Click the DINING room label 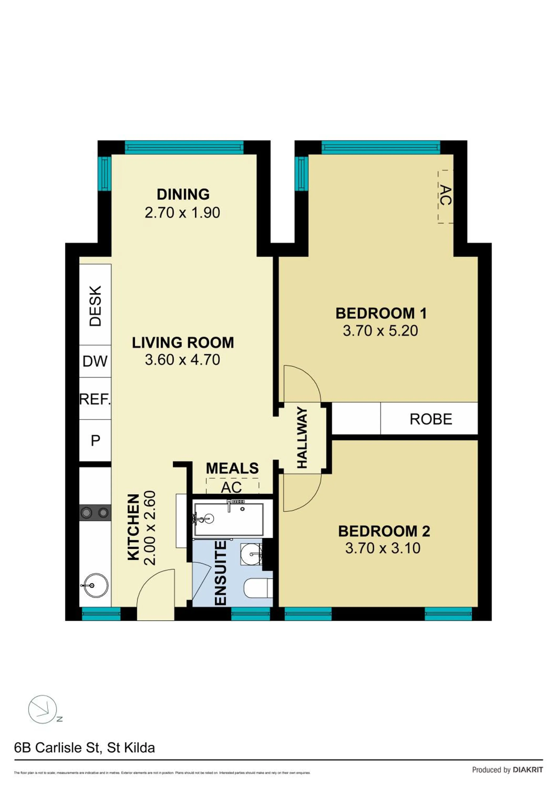coord(183,195)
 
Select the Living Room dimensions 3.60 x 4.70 coord(183,360)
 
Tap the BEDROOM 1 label coord(381,313)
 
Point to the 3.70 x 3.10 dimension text coord(383,548)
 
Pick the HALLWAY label coord(302,438)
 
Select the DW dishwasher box coord(95,361)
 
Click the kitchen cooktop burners coord(95,513)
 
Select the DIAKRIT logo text coord(528,770)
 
